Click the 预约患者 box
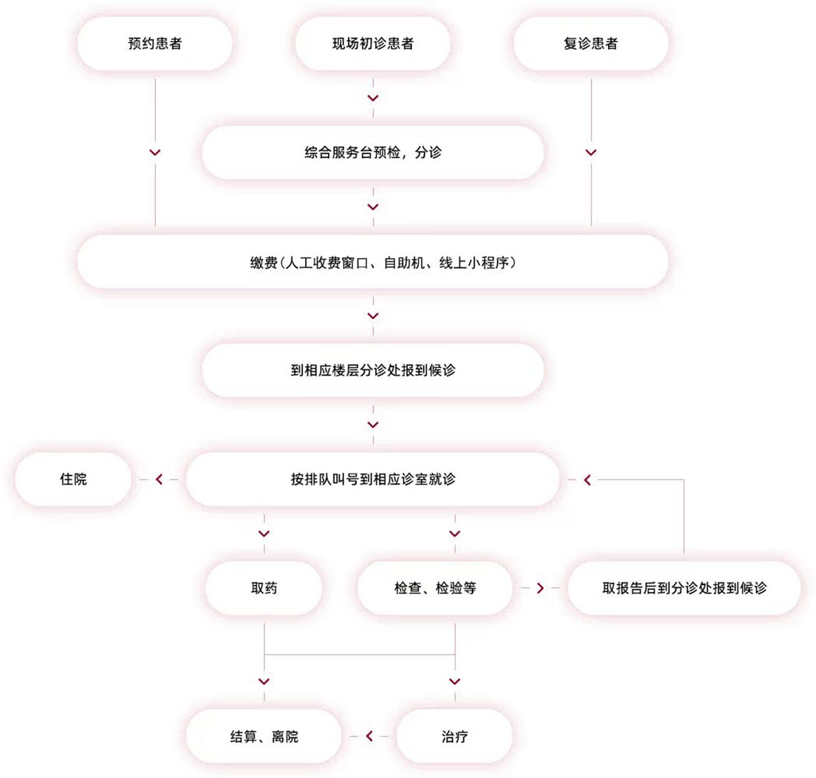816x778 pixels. point(155,43)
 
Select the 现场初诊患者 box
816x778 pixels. point(373,43)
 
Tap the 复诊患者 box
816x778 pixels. point(590,43)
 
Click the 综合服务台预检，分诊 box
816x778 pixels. point(373,152)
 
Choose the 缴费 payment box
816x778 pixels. point(373,261)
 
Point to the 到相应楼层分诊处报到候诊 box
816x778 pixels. point(373,370)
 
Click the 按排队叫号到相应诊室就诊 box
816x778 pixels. point(373,479)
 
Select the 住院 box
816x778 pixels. point(73,479)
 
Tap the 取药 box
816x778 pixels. point(264,588)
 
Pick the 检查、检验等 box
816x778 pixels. point(435,588)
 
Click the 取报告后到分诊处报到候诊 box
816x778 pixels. point(684,588)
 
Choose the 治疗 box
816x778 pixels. point(455,736)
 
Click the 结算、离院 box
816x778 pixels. point(264,736)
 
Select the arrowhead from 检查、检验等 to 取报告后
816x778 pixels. point(539,588)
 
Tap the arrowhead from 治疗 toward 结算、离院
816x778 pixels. point(369,736)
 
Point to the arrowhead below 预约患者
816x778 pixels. point(155,152)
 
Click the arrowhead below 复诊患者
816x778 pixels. point(590,152)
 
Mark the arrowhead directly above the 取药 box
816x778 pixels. point(264,534)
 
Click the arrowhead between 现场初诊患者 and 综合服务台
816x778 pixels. point(373,98)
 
